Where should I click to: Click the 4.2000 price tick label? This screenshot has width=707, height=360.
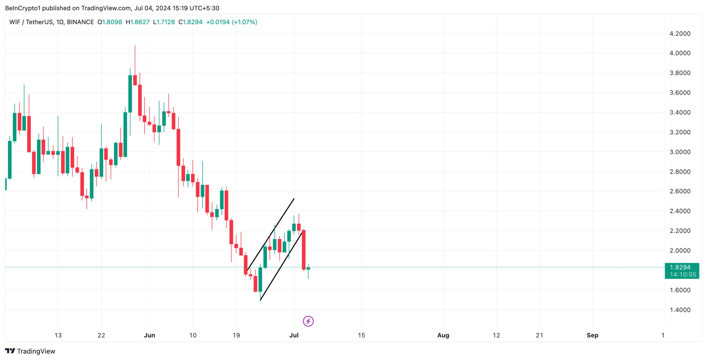(680, 33)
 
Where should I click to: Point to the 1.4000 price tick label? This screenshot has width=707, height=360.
(680, 310)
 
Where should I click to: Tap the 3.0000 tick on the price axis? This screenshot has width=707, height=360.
(680, 152)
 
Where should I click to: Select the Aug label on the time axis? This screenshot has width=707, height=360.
(443, 335)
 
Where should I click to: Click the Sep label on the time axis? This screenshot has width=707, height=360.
(592, 335)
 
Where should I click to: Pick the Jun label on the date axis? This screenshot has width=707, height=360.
(149, 335)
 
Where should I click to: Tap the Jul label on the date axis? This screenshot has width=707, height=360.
(294, 335)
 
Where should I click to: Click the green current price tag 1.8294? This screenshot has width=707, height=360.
(680, 267)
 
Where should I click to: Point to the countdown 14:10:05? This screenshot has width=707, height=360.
(683, 275)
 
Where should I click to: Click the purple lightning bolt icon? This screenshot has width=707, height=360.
(308, 321)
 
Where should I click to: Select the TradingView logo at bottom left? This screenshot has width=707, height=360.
(30, 351)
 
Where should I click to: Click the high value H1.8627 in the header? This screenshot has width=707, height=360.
(137, 22)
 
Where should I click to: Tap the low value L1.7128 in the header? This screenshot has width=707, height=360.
(164, 22)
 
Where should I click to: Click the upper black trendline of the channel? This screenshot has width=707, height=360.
(271, 234)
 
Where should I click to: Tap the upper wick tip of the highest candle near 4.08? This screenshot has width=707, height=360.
(135, 46)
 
